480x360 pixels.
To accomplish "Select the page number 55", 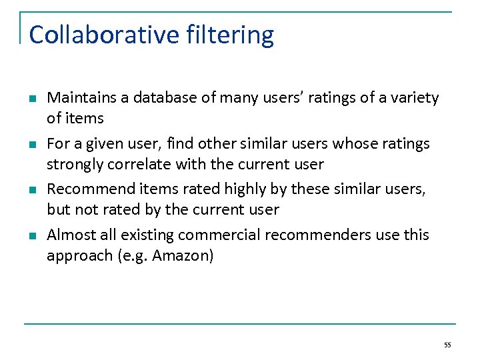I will click(447, 345).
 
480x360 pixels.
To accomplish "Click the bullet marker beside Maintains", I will click(31, 99).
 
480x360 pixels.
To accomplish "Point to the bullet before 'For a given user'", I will click(31, 145).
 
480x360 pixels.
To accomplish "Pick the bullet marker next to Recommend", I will click(31, 191).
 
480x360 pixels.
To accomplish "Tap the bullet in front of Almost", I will click(31, 236).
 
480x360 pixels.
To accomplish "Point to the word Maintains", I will click(81, 98).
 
